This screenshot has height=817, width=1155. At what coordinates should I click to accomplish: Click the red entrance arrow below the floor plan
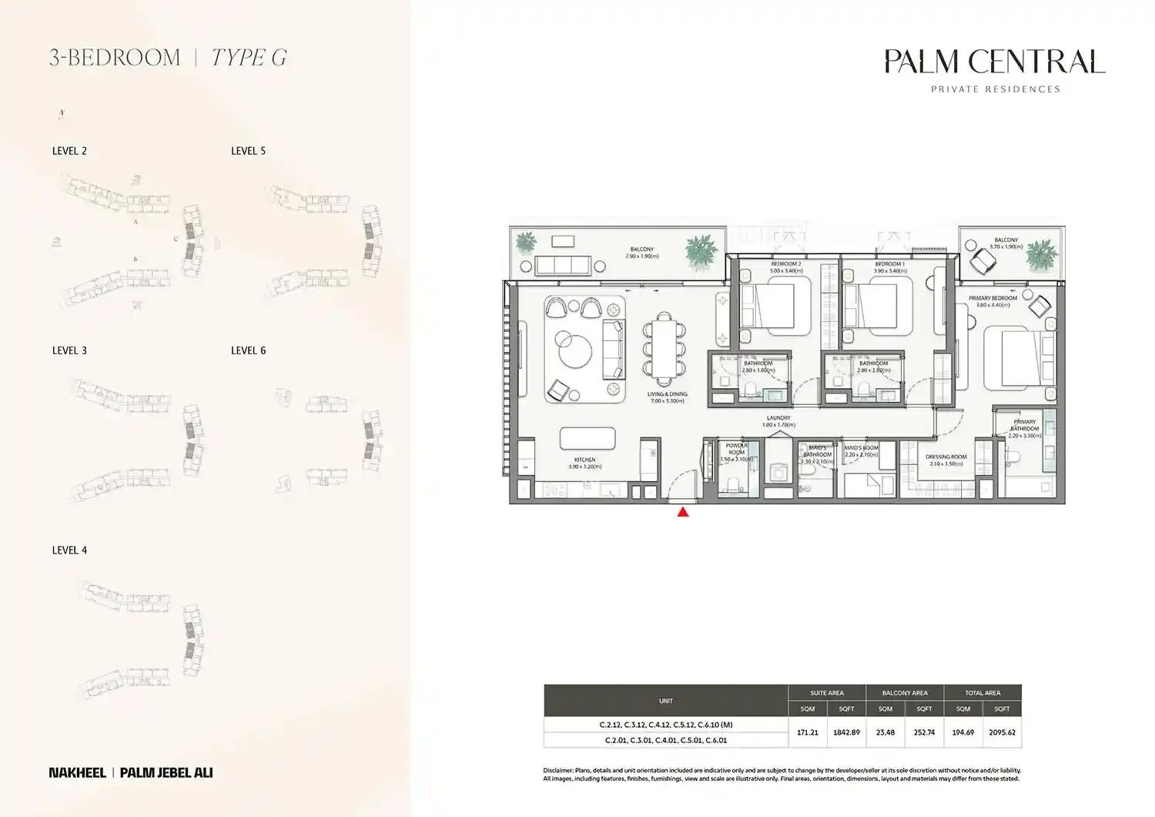click(682, 511)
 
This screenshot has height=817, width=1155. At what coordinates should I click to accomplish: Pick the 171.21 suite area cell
click(807, 732)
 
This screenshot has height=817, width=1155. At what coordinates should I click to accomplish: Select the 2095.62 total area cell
click(1002, 732)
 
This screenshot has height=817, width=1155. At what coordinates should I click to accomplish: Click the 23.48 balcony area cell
click(885, 732)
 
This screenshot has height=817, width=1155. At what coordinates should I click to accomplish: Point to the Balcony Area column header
click(905, 693)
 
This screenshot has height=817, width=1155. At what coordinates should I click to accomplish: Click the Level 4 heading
click(69, 551)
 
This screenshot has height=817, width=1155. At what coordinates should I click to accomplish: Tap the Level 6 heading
click(248, 350)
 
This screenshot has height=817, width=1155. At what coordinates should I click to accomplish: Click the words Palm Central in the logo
click(994, 62)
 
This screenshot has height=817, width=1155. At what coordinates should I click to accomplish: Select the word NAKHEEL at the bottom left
click(77, 772)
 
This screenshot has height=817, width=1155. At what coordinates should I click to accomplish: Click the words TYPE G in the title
click(249, 58)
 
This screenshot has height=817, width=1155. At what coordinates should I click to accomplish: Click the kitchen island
click(588, 438)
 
